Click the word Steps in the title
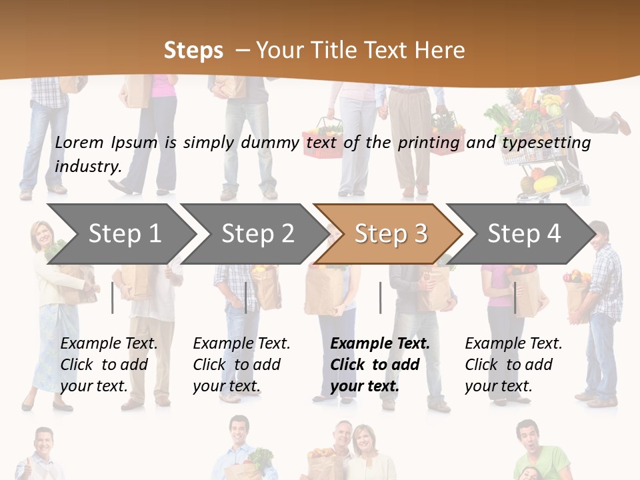pos(193,50)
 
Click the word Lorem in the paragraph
pos(79,142)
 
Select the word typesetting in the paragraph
pos(546,143)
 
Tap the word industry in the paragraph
pos(87,167)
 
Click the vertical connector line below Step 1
pos(113,297)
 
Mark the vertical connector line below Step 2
pos(246,297)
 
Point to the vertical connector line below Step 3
pos(380,297)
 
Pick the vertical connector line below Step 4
pos(515,297)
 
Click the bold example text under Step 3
pos(379,365)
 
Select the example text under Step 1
pos(109,365)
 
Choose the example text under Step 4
pos(513,365)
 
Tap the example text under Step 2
pos(241,365)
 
